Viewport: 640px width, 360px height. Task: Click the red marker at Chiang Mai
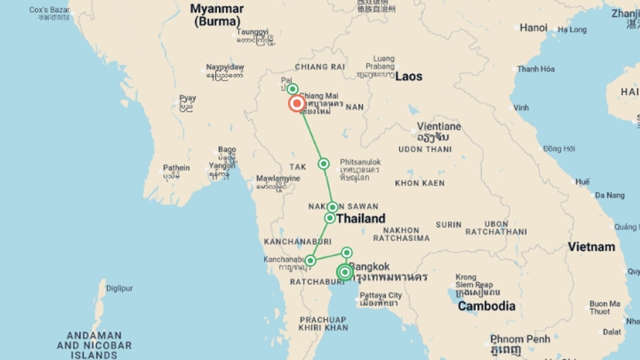(297, 103)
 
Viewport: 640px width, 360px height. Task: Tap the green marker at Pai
(292, 89)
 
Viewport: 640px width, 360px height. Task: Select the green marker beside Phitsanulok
(323, 164)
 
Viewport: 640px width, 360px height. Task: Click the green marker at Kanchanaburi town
(310, 260)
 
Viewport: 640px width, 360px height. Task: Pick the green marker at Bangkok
(345, 272)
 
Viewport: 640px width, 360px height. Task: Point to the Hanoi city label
(533, 28)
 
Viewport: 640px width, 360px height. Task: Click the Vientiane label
(439, 127)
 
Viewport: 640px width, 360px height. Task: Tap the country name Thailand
(361, 219)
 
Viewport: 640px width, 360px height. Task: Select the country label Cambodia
(486, 306)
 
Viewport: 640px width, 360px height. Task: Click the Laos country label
(409, 77)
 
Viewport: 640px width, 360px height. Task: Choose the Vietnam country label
(591, 247)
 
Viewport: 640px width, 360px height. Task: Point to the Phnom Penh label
(520, 339)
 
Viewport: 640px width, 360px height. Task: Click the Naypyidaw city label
(225, 67)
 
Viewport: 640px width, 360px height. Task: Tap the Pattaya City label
(381, 295)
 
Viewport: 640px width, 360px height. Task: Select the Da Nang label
(610, 195)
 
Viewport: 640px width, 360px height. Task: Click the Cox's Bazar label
(49, 10)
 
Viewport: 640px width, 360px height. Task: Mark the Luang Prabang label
(380, 62)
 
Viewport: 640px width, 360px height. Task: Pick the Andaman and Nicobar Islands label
(94, 345)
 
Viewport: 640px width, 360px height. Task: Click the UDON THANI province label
(425, 149)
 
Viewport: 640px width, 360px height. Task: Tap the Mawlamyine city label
(278, 179)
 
